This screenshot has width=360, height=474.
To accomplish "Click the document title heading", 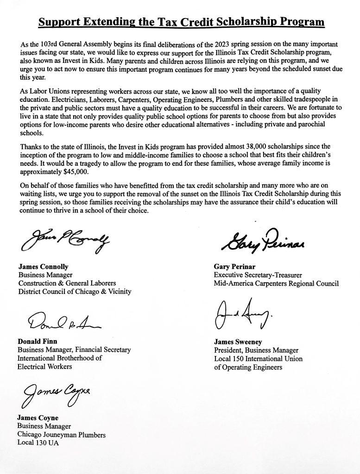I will tap(181, 22).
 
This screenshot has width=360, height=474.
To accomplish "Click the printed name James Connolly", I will tap(43, 267).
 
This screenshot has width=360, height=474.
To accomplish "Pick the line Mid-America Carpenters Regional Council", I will tap(276, 283).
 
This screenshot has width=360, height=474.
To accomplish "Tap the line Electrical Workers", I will tap(45, 367).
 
